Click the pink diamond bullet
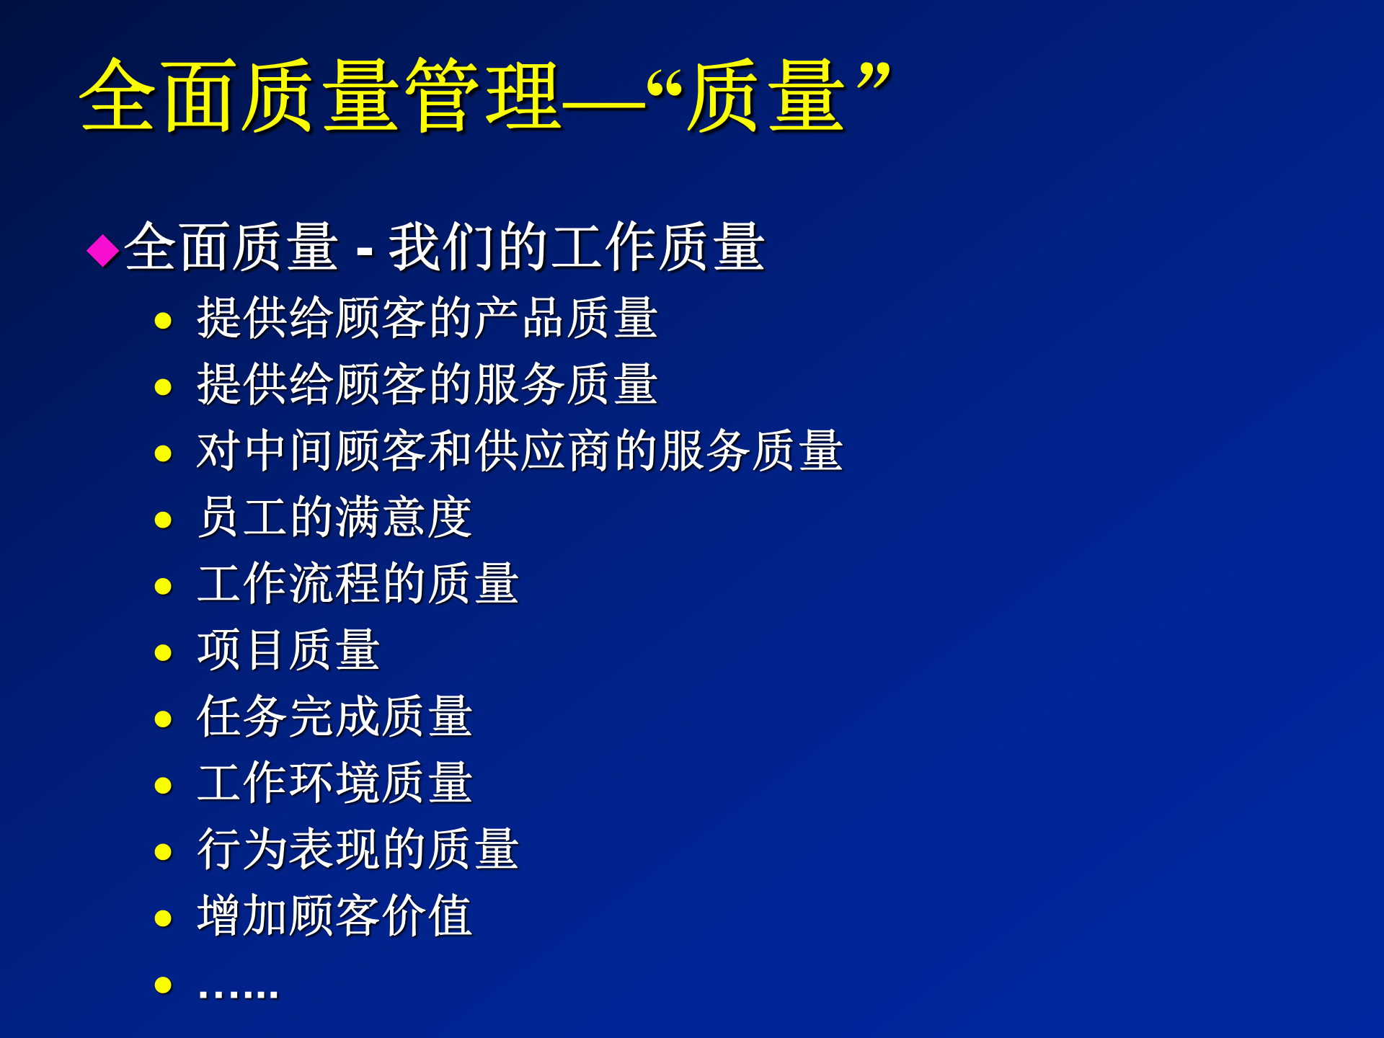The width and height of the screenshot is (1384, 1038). coord(103,250)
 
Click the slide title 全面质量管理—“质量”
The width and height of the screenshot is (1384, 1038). coord(484,96)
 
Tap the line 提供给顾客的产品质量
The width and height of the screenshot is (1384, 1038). coord(427,318)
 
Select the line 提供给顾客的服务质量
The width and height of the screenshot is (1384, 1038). coord(427,384)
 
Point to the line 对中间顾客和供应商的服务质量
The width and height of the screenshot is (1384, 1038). coord(519,451)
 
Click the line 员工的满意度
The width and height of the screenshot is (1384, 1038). coord(334,517)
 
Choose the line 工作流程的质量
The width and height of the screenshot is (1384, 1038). coord(358,583)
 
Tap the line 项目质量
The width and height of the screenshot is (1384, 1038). coord(288,649)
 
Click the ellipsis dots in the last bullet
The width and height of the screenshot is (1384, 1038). coord(238,993)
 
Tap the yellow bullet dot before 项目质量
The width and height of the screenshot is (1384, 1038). coord(164,653)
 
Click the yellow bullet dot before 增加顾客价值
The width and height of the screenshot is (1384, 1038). coord(164,918)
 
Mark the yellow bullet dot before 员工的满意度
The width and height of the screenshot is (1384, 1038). coord(164,520)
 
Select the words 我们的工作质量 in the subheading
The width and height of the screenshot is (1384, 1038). coord(577,247)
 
